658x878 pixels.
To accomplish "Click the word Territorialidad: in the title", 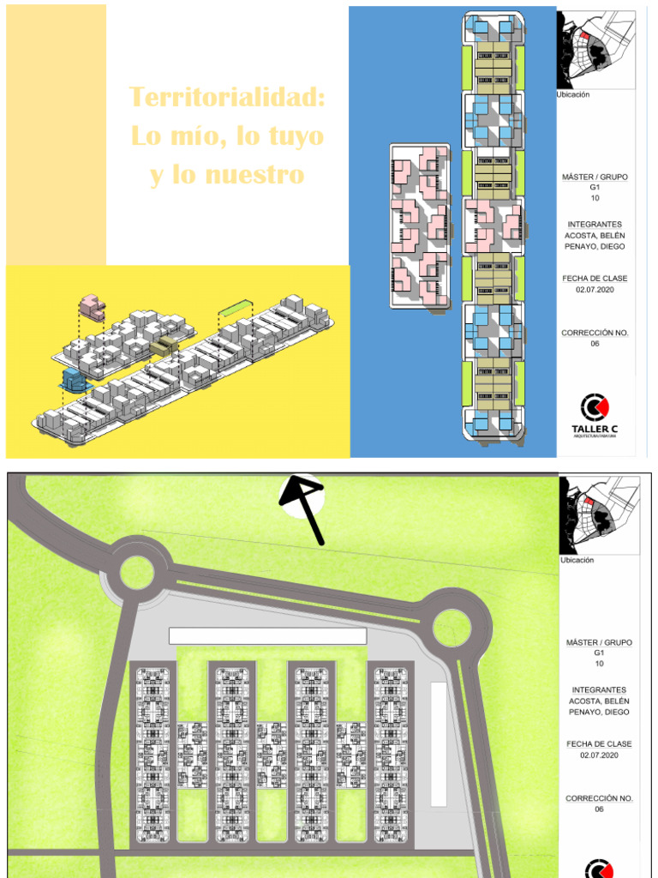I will pos(227,97).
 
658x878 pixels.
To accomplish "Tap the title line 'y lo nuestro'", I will pos(227,175).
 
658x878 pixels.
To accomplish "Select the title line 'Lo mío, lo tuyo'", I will pos(227,135).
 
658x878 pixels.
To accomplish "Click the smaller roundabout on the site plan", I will pos(137,572).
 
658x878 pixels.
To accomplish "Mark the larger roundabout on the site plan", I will pos(452,628).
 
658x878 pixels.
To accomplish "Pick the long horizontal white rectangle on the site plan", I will pos(267,635).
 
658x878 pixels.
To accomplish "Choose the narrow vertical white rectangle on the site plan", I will pos(439,743).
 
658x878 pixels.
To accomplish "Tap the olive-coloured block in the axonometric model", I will pos(164,347).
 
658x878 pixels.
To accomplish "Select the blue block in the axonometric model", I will pos(72,383).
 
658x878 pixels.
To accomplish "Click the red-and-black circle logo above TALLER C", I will pos(595,407).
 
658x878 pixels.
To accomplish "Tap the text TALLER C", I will pos(595,429).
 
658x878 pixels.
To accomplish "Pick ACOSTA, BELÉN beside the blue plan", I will pos(595,236).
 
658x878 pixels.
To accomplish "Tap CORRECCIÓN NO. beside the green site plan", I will pos(599,798).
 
